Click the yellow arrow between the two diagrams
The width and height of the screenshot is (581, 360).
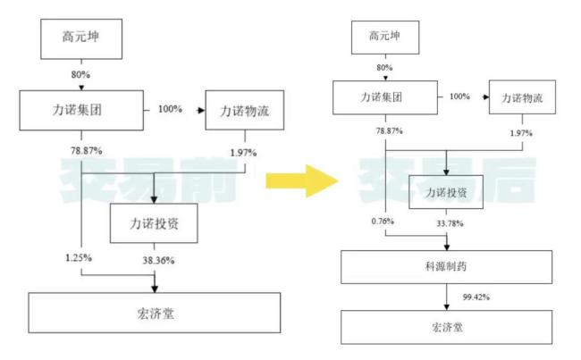(302, 180)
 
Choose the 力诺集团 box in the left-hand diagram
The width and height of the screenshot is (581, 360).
(81, 111)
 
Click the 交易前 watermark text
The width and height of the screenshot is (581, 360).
(147, 178)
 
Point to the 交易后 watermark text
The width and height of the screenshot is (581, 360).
(447, 178)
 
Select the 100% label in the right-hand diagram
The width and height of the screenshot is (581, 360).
(459, 96)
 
